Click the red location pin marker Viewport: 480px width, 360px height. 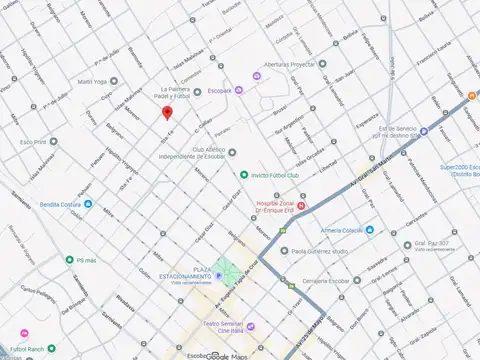point(167,112)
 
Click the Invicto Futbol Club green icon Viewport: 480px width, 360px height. point(243,174)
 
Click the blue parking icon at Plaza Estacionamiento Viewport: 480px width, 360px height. point(219,275)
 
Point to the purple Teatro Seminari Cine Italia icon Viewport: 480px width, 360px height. point(251,326)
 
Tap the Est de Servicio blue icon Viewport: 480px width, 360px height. point(424,131)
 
